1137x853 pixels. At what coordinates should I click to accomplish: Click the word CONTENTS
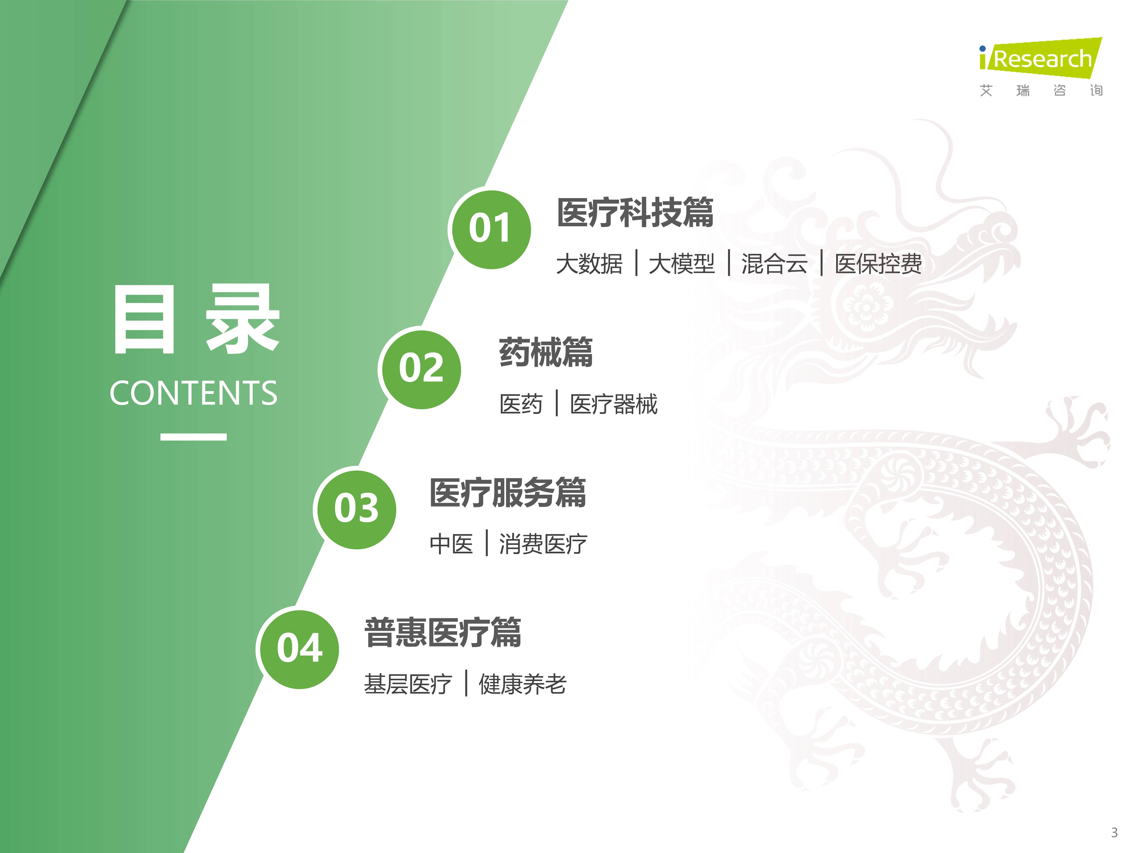[x=193, y=393]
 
